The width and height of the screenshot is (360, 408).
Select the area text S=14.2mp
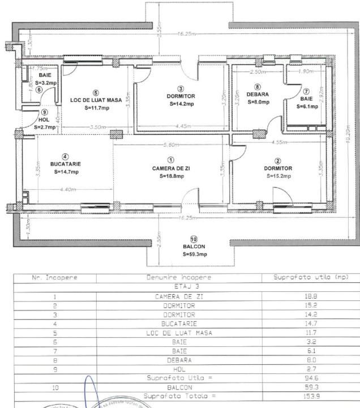(180, 104)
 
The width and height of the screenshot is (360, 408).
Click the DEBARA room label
(258, 94)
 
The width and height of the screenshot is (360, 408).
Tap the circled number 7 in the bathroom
(306, 91)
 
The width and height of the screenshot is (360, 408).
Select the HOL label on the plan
(44, 120)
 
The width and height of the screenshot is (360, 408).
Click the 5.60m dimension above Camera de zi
(171, 144)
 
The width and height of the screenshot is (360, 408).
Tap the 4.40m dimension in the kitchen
(67, 189)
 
